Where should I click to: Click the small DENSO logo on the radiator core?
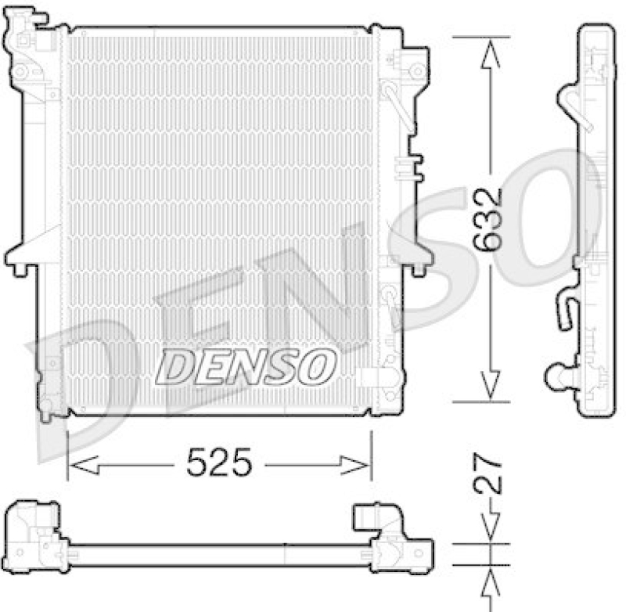point(245,365)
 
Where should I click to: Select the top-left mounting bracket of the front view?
point(27,47)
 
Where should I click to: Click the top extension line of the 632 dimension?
point(480,36)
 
